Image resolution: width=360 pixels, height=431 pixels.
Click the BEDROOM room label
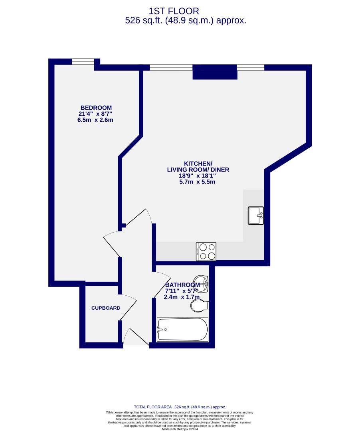tap(96, 108)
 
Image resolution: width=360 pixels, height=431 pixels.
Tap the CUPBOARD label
tap(106, 308)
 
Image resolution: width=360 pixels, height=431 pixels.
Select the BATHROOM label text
tap(182, 285)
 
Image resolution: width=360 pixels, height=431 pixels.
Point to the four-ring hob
tap(206, 251)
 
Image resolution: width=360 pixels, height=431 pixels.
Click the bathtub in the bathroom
tap(183, 329)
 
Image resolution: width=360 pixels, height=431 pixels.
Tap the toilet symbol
tap(199, 306)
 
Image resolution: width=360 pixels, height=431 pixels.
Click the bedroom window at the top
tap(83, 61)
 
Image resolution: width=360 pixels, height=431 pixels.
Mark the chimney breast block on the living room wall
tap(215, 72)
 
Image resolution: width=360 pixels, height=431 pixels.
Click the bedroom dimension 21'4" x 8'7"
tap(96, 114)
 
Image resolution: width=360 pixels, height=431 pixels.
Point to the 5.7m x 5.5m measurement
tap(198, 182)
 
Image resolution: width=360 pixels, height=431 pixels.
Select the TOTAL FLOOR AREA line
tap(180, 407)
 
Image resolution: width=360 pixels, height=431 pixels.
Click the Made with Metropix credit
tap(180, 429)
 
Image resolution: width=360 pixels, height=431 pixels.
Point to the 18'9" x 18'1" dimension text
tap(198, 176)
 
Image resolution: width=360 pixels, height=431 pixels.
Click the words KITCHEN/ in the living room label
tap(198, 164)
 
